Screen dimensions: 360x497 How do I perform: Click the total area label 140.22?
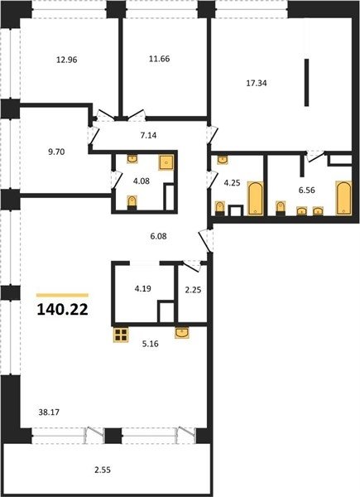coord(62,310)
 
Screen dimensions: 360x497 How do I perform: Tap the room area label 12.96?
coord(67,60)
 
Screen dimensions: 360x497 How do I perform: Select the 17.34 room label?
coord(257,84)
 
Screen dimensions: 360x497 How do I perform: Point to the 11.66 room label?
coord(159,59)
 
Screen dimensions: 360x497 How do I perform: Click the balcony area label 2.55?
coord(103,470)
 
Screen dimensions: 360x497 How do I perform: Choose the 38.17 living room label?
coord(49,413)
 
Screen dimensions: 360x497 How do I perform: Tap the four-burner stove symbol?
coord(121,335)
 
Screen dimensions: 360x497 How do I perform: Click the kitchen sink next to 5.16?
coord(182,333)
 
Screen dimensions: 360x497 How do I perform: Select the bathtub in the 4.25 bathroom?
coord(255,199)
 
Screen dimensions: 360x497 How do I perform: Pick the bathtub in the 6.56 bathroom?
coord(343,198)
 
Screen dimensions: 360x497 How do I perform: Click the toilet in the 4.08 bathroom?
coord(132,203)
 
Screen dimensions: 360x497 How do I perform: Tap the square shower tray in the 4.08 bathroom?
coord(166,162)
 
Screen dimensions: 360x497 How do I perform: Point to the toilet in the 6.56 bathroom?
coord(281,208)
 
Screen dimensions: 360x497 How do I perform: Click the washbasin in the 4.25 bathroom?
coord(223,159)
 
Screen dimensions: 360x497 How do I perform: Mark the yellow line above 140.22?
coord(62,295)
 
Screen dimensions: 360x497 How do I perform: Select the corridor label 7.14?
coord(148,136)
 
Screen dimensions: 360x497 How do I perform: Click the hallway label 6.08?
coord(158,236)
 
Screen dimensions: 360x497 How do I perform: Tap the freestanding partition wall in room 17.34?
coord(306,82)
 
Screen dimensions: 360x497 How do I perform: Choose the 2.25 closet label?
coord(193,290)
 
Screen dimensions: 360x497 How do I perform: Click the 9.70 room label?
coord(56,152)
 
